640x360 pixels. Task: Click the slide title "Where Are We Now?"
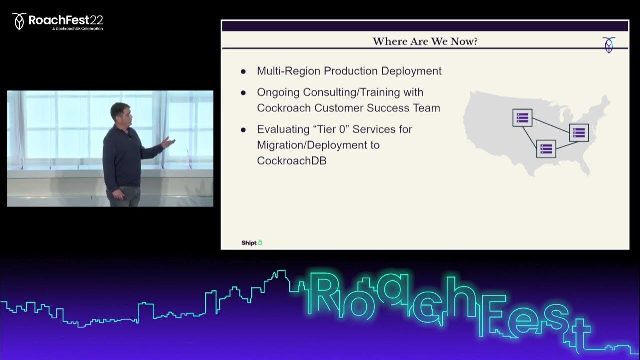[425, 41]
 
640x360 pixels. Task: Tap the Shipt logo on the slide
[252, 243]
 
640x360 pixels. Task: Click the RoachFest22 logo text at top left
[65, 20]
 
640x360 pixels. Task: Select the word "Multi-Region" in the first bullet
[288, 71]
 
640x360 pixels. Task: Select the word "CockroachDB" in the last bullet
[291, 161]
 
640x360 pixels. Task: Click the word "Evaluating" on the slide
[283, 130]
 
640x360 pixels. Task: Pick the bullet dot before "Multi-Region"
[243, 71]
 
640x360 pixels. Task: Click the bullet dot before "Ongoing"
[243, 93]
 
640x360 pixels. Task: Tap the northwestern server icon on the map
[522, 117]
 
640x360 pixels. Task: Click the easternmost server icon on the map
[579, 133]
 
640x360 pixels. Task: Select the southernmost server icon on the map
[546, 149]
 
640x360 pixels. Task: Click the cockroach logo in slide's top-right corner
[609, 45]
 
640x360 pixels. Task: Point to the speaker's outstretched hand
[168, 142]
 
